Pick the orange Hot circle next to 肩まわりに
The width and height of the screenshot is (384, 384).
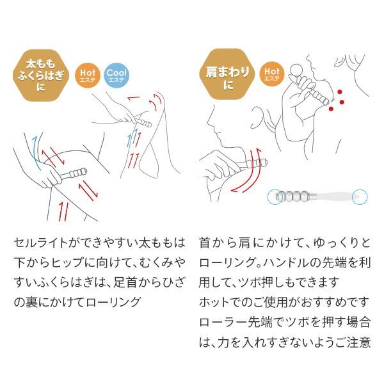click(271, 75)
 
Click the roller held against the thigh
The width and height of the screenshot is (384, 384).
click(74, 173)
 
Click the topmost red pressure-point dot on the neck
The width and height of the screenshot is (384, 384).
click(334, 90)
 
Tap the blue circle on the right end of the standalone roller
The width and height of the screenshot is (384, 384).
click(359, 195)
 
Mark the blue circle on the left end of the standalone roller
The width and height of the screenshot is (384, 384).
click(277, 196)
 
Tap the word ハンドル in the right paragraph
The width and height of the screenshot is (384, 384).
click(294, 262)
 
